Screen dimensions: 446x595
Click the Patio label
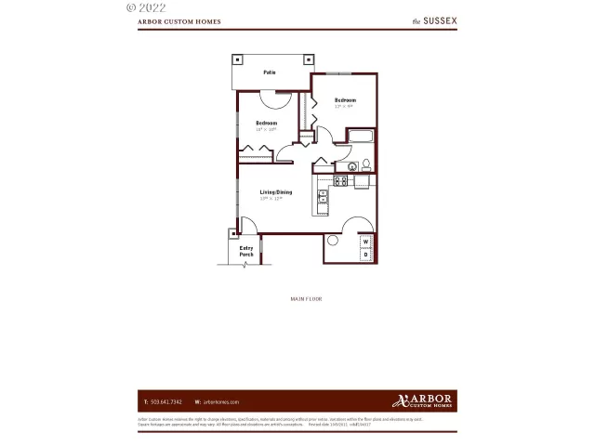(x=269, y=72)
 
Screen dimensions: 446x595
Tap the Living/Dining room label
(x=275, y=192)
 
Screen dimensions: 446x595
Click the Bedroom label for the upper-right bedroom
(x=346, y=100)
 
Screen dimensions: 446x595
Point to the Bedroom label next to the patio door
(x=266, y=124)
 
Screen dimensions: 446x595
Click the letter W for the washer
(x=365, y=242)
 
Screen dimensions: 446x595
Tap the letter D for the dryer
(x=365, y=254)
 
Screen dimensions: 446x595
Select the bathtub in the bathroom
(x=360, y=140)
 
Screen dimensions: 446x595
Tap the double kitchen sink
(x=323, y=196)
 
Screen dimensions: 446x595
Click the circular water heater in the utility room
(x=333, y=240)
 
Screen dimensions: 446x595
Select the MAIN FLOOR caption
(x=306, y=299)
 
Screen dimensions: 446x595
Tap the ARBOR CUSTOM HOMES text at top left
(x=179, y=20)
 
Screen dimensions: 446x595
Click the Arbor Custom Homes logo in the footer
(x=423, y=400)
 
